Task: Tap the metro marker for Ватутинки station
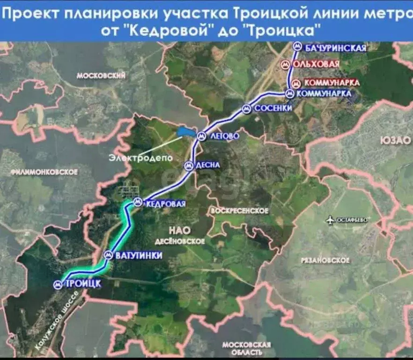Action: pyautogui.click(x=108, y=255)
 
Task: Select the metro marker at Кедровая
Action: pyautogui.click(x=137, y=202)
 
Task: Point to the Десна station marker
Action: pyautogui.click(x=188, y=165)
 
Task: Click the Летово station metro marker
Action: pyautogui.click(x=201, y=135)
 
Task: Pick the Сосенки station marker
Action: pyautogui.click(x=246, y=109)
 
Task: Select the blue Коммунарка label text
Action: pyautogui.click(x=324, y=94)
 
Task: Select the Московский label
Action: pyautogui.click(x=101, y=75)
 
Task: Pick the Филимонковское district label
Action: pyautogui.click(x=44, y=172)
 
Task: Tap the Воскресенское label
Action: pyautogui.click(x=240, y=211)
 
